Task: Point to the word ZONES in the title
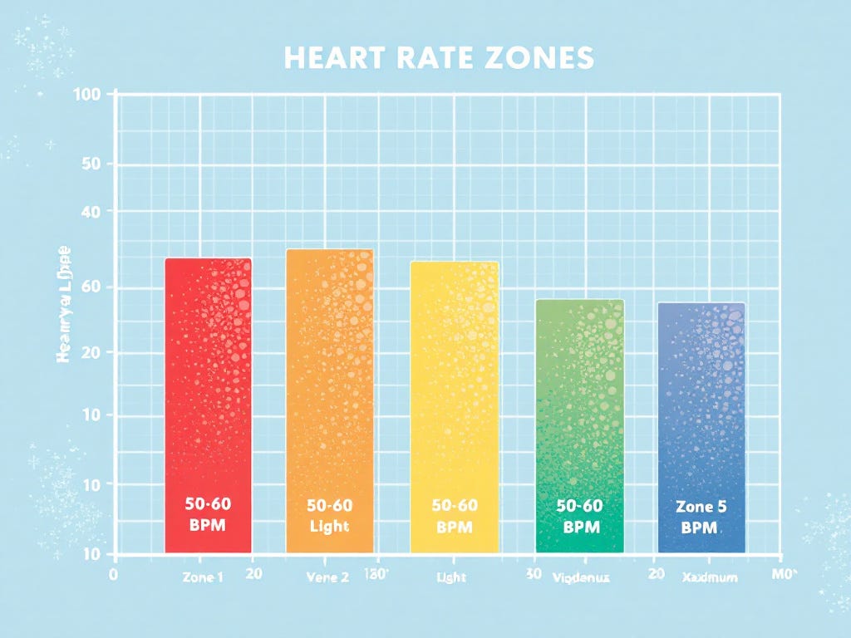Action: pyautogui.click(x=544, y=58)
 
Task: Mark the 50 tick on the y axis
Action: pyautogui.click(x=91, y=164)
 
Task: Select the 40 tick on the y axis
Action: pyautogui.click(x=91, y=212)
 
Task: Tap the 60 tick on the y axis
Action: pyautogui.click(x=91, y=288)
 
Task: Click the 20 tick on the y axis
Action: pyautogui.click(x=91, y=352)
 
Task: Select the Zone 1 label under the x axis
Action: pyautogui.click(x=202, y=577)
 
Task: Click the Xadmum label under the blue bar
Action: pyautogui.click(x=709, y=577)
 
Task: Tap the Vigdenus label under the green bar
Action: pyautogui.click(x=582, y=577)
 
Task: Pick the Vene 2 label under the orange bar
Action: pyautogui.click(x=327, y=577)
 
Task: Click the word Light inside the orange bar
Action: pyautogui.click(x=329, y=527)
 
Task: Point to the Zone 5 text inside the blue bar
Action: pyautogui.click(x=700, y=506)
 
